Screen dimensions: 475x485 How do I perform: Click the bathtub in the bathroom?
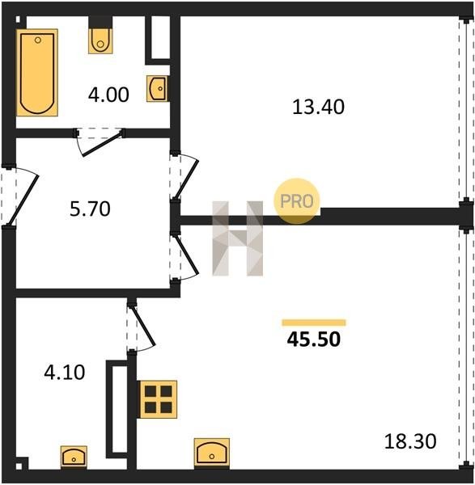click(x=37, y=73)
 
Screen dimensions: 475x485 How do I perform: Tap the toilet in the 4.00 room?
click(x=100, y=41)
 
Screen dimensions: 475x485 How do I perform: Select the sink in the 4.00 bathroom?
click(x=158, y=88)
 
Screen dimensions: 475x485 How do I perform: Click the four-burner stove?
click(x=159, y=399)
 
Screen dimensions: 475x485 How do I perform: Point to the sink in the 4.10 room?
click(x=74, y=458)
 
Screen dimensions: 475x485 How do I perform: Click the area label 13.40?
click(x=318, y=107)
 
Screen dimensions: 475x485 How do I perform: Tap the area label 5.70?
click(x=90, y=209)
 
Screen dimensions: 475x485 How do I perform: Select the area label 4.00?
click(x=108, y=95)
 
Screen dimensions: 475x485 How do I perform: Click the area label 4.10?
click(x=65, y=373)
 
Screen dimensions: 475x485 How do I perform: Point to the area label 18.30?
click(x=410, y=441)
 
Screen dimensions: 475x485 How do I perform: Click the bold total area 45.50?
click(x=314, y=339)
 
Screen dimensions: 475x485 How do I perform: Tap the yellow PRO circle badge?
click(x=297, y=201)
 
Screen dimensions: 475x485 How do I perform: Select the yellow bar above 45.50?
click(x=314, y=323)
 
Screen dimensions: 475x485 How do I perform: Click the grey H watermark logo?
click(x=238, y=238)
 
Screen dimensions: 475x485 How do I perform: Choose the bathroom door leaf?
click(x=103, y=144)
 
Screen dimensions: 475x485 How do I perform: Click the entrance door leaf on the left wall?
click(x=23, y=200)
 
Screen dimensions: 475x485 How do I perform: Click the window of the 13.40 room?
click(x=466, y=108)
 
